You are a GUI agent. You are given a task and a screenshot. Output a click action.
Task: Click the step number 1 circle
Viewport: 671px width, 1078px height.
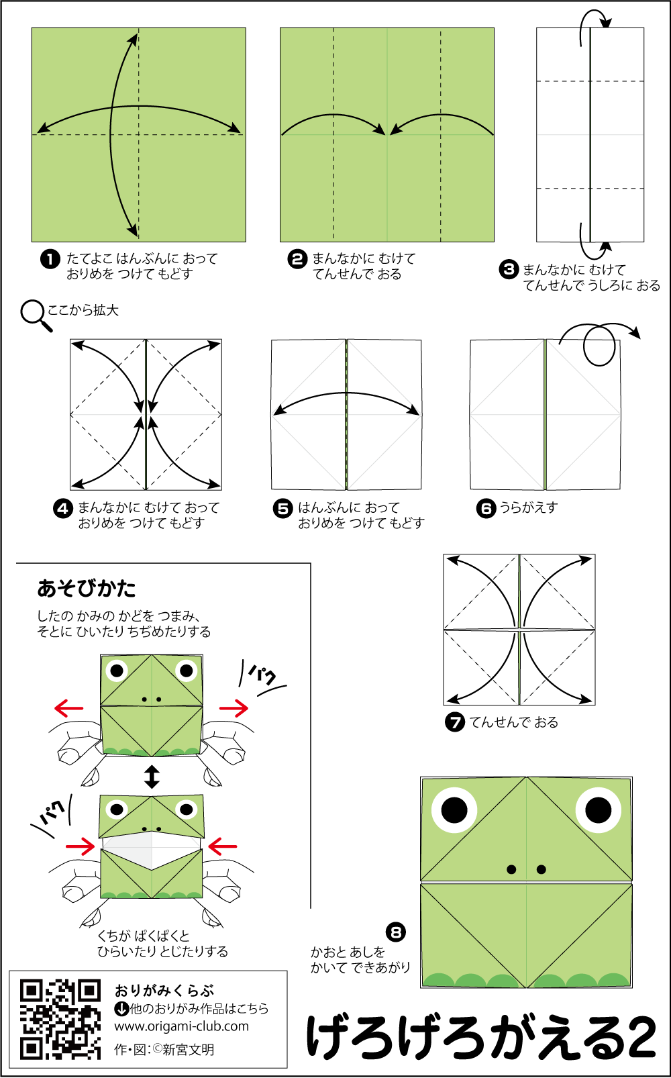click(x=50, y=259)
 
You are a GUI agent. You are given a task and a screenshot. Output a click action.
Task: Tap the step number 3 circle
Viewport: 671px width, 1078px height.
click(x=509, y=270)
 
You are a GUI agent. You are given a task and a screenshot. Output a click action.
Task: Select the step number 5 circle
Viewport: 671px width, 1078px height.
click(x=283, y=508)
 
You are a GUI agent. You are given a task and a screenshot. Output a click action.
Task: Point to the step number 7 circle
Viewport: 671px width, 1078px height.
click(x=455, y=722)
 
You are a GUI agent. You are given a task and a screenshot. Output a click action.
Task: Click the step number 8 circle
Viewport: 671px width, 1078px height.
click(x=396, y=932)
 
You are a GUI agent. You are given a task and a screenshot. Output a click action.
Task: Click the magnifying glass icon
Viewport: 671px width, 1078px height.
click(x=36, y=315)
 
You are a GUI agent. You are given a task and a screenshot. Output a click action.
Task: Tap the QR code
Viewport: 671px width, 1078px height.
click(x=60, y=1020)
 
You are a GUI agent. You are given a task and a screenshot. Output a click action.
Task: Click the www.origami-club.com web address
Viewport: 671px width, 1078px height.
click(x=181, y=1026)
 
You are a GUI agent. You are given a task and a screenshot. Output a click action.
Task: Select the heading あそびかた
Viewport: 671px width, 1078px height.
click(x=87, y=589)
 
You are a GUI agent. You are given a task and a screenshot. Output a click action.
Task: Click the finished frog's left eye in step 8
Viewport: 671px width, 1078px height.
click(x=454, y=810)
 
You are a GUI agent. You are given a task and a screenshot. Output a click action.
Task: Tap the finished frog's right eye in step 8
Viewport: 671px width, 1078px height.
click(x=599, y=810)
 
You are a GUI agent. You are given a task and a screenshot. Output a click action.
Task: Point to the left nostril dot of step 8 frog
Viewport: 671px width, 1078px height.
click(x=511, y=870)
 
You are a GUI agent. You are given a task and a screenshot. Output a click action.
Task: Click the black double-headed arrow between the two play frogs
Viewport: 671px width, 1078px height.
click(x=152, y=777)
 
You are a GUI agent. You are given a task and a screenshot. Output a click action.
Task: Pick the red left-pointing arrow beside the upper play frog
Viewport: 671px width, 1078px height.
click(x=68, y=708)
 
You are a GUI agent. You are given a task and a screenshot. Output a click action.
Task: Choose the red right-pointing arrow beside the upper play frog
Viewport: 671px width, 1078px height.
click(x=234, y=707)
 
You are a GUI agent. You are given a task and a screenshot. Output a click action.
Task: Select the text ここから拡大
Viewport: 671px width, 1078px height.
click(x=83, y=310)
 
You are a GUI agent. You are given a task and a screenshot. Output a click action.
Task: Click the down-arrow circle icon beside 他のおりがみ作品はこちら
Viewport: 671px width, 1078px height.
click(x=121, y=1008)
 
